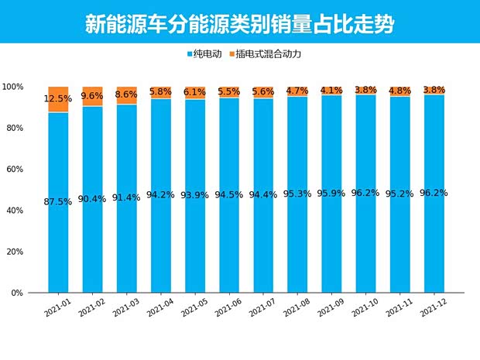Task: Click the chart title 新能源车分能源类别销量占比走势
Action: coord(239,23)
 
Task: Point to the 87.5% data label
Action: coord(58,201)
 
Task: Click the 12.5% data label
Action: coord(58,99)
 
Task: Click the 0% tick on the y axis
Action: coord(17,293)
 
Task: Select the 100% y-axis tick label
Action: coord(13,87)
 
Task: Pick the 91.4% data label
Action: coord(126,197)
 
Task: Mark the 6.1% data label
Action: coord(195,92)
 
